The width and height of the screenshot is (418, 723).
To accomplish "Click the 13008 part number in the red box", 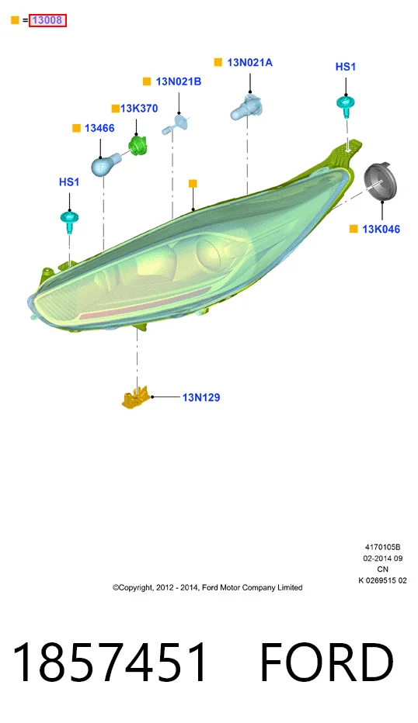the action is pos(47,20).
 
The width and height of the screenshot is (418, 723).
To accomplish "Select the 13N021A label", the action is pos(250,62).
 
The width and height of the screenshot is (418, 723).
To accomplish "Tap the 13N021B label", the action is pos(179,81).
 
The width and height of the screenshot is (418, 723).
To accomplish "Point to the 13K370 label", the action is pos(139,109).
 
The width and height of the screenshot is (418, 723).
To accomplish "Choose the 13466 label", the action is pos(99,128).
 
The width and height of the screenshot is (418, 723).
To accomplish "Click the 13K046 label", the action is pos(381,229).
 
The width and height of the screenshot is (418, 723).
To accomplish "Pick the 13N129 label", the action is pos(201,397).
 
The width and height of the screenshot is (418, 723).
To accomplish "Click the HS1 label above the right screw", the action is pos(346,67).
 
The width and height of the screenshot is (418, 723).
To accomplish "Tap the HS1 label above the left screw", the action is pos(69,182).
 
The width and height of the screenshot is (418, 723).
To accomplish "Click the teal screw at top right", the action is pos(346,106).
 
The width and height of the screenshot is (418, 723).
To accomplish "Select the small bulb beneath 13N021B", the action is pos(175,124).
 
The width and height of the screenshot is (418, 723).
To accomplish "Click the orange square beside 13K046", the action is pos(354,229).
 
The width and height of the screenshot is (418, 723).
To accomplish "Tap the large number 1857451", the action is pos(110,662).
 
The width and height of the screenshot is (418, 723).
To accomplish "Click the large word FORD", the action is pos(327,662).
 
